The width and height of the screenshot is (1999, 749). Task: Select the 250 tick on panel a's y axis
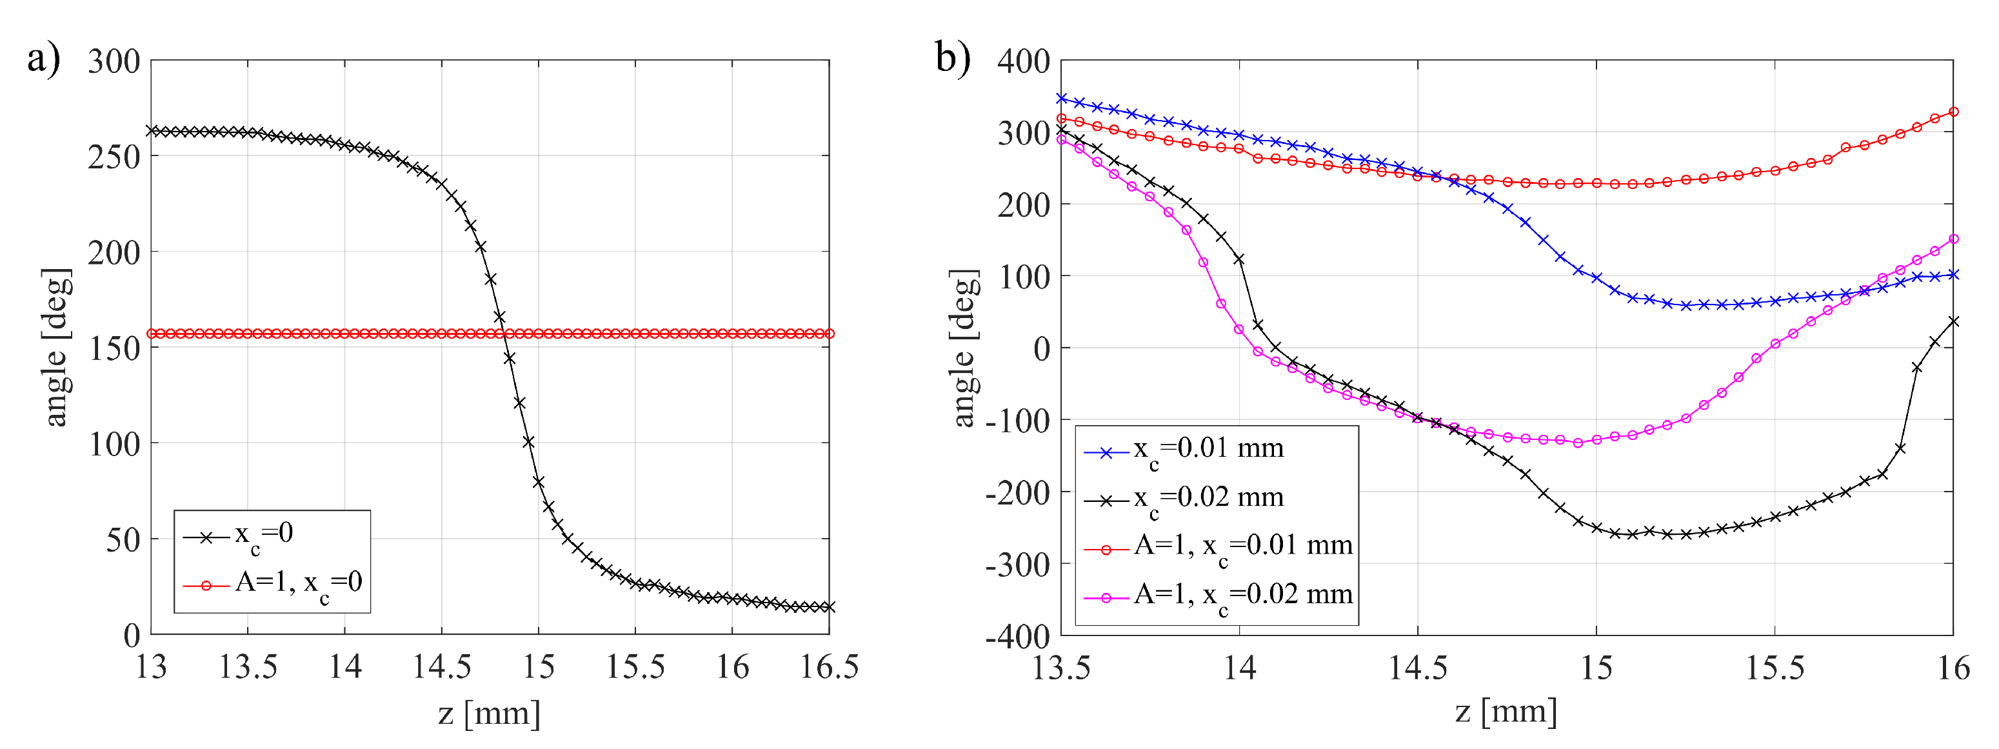114,157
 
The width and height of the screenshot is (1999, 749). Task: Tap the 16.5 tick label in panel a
829,666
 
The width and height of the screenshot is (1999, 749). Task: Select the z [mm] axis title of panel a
489,712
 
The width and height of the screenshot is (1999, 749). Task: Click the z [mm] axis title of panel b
1506,711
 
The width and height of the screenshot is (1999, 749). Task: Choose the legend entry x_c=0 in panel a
264,535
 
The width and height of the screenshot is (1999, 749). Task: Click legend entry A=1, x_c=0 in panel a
298,584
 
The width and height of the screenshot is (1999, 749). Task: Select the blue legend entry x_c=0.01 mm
1208,450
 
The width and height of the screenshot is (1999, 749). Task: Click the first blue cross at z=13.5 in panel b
1062,99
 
